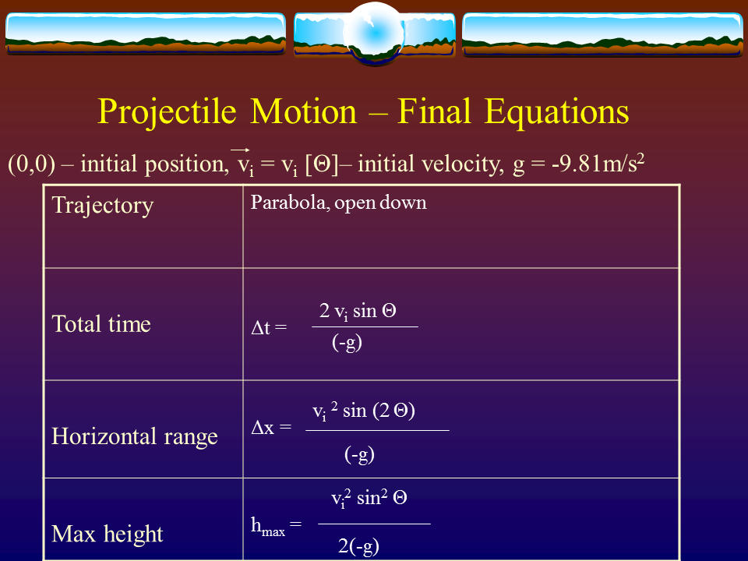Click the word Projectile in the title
pyautogui.click(x=168, y=112)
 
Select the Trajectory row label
pyautogui.click(x=102, y=206)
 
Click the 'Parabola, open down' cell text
pyautogui.click(x=338, y=203)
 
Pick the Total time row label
pyautogui.click(x=101, y=324)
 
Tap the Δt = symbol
pyautogui.click(x=269, y=328)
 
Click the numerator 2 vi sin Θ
pyautogui.click(x=358, y=312)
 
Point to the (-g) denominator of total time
pyautogui.click(x=347, y=343)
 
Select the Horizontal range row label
pyautogui.click(x=135, y=436)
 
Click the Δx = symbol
pyautogui.click(x=271, y=428)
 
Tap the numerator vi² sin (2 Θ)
pyautogui.click(x=363, y=411)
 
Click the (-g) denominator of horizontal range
pyautogui.click(x=359, y=455)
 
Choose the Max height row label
pyautogui.click(x=108, y=535)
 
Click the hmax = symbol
pyautogui.click(x=276, y=527)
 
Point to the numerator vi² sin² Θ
pyautogui.click(x=369, y=499)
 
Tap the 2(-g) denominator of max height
pyautogui.click(x=358, y=546)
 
